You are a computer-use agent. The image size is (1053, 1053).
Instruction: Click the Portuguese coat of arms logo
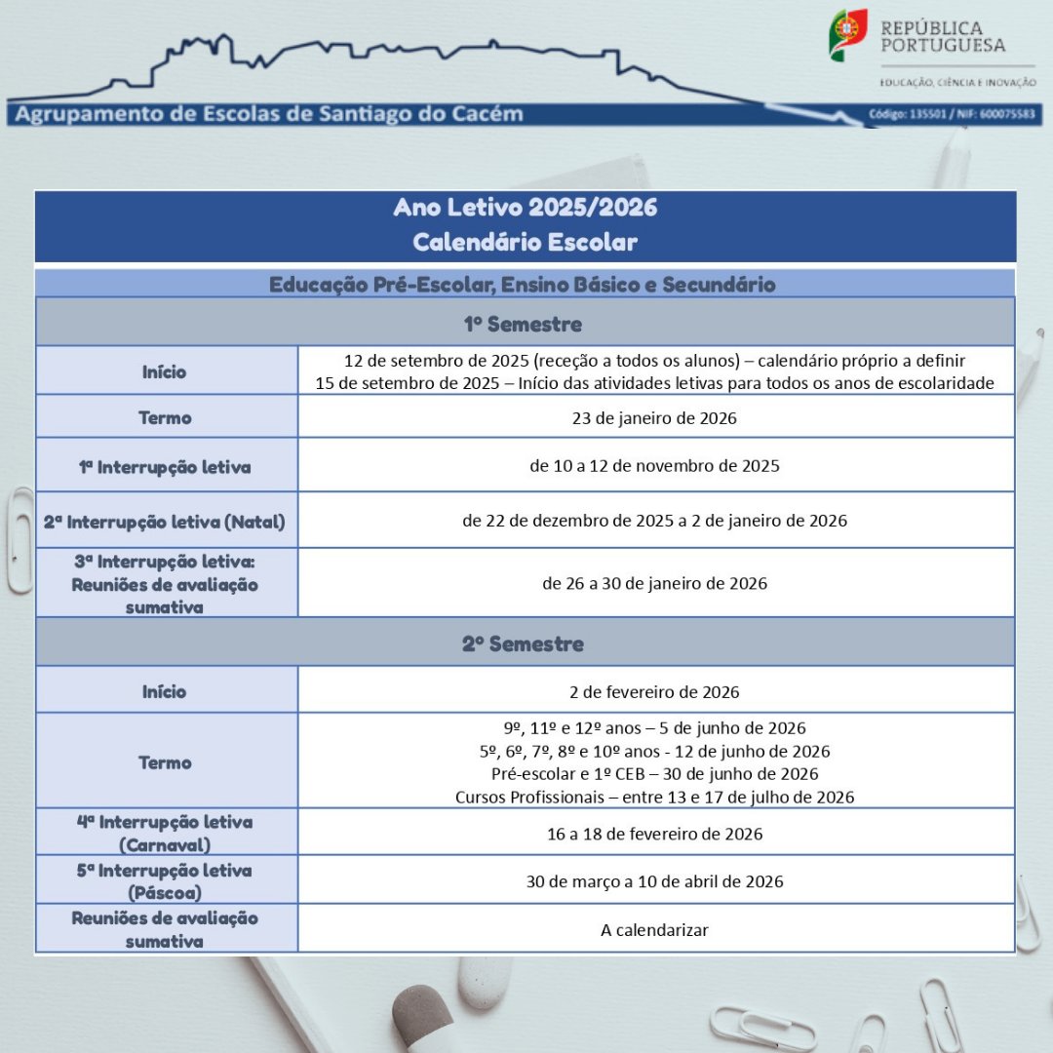847,36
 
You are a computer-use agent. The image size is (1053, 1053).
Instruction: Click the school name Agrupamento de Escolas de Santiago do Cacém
268,114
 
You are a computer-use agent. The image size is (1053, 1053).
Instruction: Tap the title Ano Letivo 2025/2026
525,208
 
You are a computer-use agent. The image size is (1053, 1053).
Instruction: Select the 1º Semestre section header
523,324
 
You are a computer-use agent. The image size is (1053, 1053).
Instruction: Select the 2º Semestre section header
523,643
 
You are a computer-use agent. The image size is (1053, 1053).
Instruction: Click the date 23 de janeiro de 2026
654,418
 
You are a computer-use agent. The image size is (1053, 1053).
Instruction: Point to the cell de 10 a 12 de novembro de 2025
654,466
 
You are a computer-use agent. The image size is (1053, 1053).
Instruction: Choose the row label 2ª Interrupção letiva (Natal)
165,522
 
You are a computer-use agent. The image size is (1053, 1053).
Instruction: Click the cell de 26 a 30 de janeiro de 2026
654,584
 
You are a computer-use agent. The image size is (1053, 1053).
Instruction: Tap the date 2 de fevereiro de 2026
654,692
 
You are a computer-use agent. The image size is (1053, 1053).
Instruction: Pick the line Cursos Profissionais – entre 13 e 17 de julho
654,798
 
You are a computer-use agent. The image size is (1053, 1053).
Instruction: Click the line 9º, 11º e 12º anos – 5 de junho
654,728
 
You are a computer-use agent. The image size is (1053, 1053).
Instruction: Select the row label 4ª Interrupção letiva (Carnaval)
165,834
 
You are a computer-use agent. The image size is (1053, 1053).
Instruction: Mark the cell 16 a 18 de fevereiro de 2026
654,835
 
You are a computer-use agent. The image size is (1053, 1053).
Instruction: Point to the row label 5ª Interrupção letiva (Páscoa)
165,881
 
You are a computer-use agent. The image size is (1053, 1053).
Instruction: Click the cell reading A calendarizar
654,930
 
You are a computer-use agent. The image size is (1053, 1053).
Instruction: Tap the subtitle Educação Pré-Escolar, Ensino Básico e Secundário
523,285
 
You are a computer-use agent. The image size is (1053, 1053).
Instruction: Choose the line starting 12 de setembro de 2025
654,361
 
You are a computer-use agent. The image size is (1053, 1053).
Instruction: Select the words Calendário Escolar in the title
525,241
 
